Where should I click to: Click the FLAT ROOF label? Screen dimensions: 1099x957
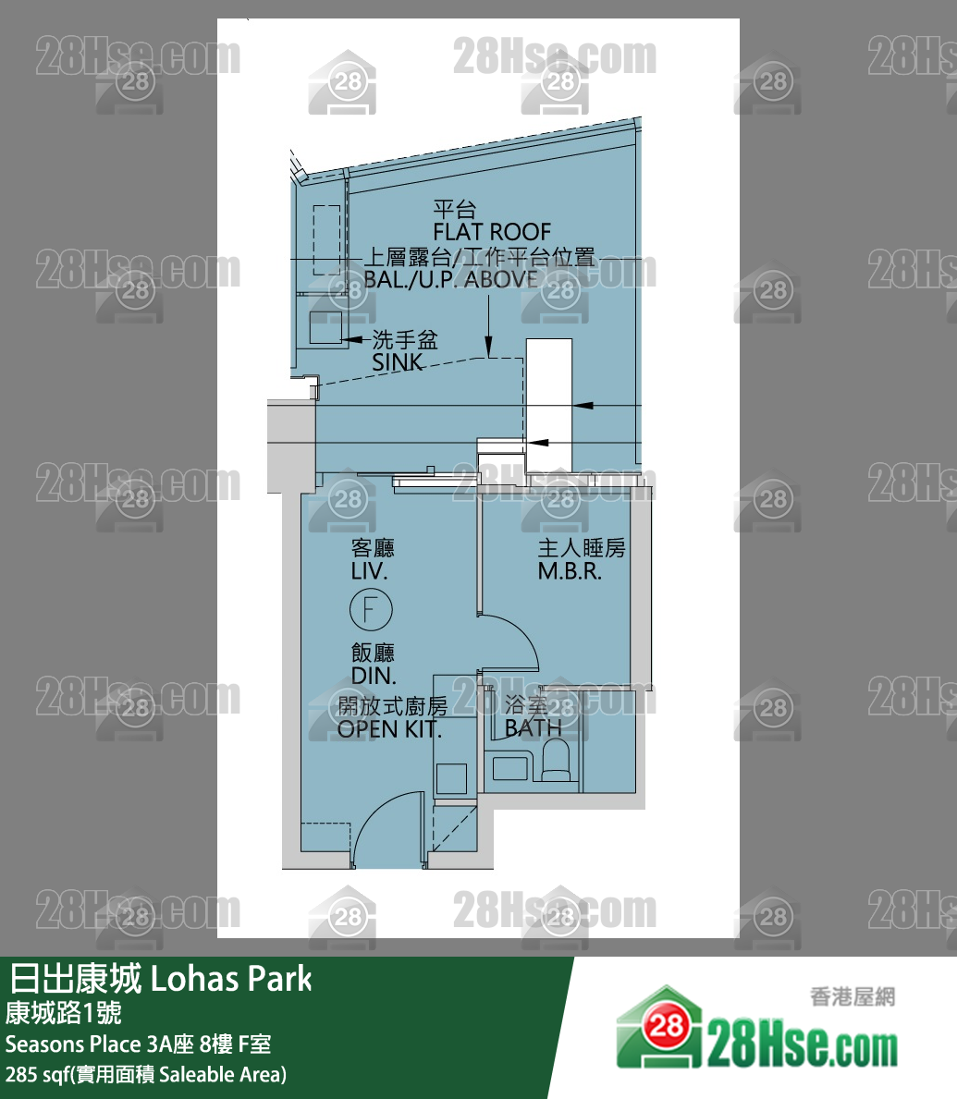click(x=491, y=231)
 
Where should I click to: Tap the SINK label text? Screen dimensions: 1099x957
click(x=398, y=362)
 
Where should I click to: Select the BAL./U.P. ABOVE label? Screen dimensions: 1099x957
click(x=450, y=279)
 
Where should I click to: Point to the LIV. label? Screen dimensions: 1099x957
click(x=369, y=571)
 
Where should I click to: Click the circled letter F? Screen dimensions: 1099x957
click(x=371, y=610)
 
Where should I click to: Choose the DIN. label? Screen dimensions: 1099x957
click(x=374, y=676)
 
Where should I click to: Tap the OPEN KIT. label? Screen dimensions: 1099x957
click(x=389, y=728)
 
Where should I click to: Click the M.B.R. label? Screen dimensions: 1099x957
click(x=570, y=571)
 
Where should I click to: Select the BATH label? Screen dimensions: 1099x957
click(x=533, y=727)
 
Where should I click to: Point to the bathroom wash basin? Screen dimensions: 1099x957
click(x=511, y=767)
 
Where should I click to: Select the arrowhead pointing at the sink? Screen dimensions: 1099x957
click(x=354, y=341)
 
